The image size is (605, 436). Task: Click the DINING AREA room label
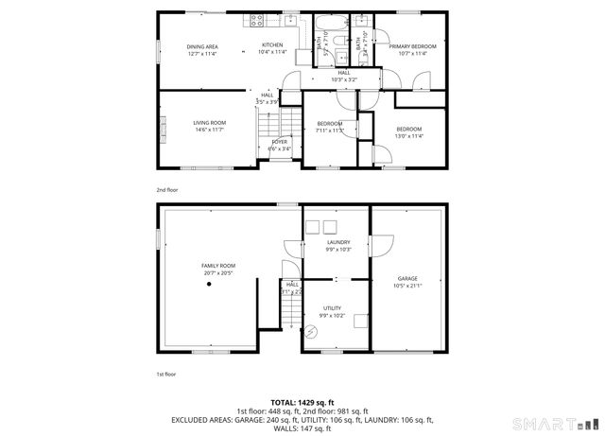coord(202,46)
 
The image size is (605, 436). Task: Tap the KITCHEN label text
coord(272,45)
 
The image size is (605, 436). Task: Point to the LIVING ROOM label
coord(210,123)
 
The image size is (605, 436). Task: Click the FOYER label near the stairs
coord(280,142)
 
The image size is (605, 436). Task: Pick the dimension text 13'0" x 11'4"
coord(408,136)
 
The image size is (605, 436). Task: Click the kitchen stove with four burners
coord(254,20)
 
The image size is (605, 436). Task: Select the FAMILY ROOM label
coord(217,266)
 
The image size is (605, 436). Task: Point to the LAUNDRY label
coord(338,242)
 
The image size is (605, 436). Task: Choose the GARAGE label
coord(407,278)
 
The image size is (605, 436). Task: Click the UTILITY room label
coord(332,308)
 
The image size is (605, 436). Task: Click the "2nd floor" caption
coord(166,190)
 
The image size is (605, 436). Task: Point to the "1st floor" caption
coord(165,375)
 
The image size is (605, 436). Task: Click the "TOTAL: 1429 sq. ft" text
coord(302,403)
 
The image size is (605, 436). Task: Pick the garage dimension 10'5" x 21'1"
coord(407,286)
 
